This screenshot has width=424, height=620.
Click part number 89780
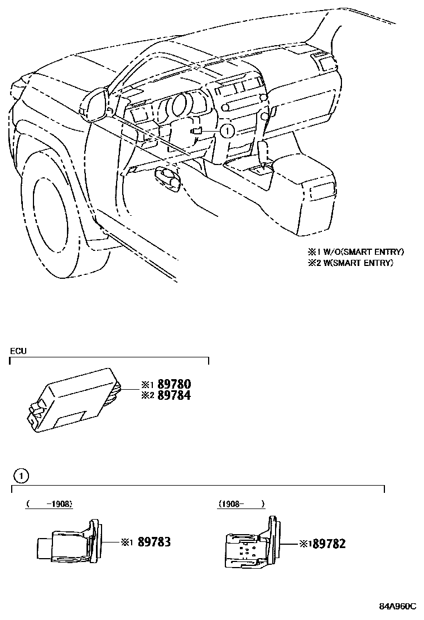point(174,384)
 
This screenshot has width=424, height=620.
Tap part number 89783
point(153,541)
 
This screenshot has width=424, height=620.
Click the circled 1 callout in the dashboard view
point(227,130)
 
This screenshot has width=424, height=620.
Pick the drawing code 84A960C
point(398,606)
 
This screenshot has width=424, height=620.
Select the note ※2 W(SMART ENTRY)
point(350,263)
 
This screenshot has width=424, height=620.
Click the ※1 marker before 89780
point(146,384)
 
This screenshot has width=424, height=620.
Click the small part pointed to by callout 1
point(196,130)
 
